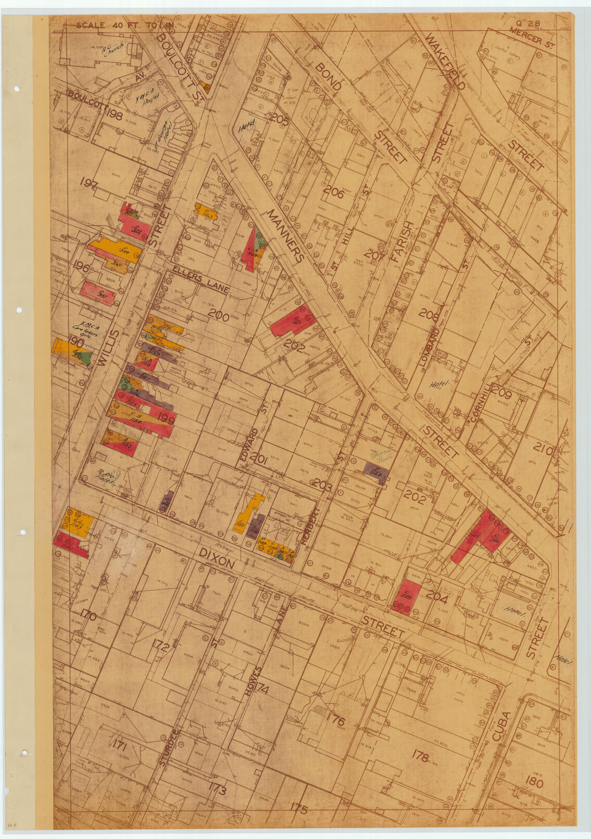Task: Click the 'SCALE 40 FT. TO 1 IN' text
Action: (x=125, y=25)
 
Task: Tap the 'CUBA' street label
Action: (x=500, y=729)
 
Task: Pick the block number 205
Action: (x=279, y=119)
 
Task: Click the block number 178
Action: (x=420, y=755)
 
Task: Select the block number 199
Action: (x=166, y=418)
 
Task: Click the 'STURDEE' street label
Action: (x=170, y=748)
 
